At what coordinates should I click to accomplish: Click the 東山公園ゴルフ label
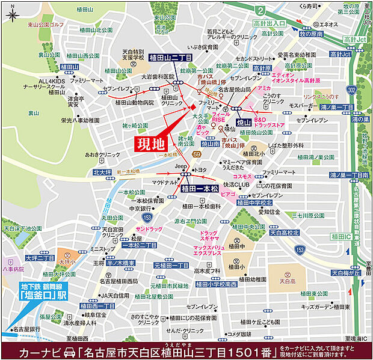pyautogui.click(x=45, y=25)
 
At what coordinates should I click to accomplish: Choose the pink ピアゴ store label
pyautogui.click(x=227, y=195)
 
